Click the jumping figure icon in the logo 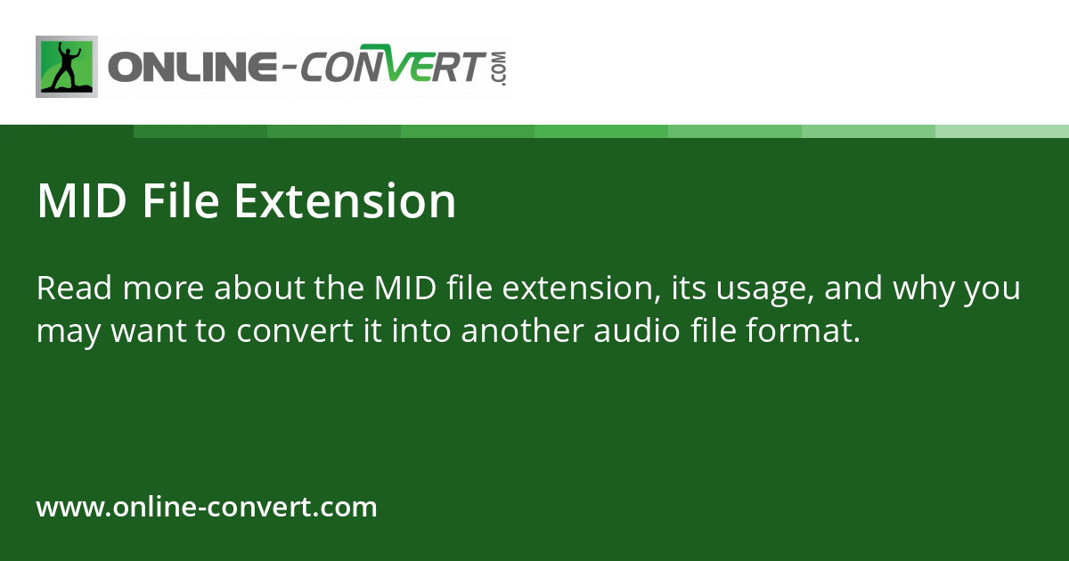click(66, 67)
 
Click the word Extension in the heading click(346, 201)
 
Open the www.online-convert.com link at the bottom click(207, 508)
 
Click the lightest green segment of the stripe click(1002, 131)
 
